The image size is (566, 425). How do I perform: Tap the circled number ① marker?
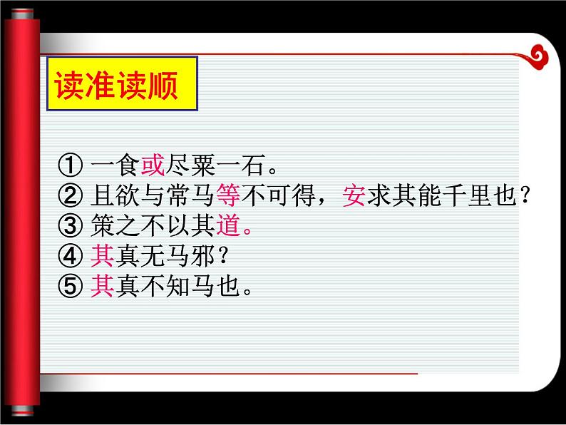[71, 167]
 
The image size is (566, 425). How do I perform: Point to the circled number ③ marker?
[71, 227]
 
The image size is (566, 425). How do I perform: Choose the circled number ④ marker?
[71, 256]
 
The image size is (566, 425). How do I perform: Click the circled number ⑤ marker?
[71, 286]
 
